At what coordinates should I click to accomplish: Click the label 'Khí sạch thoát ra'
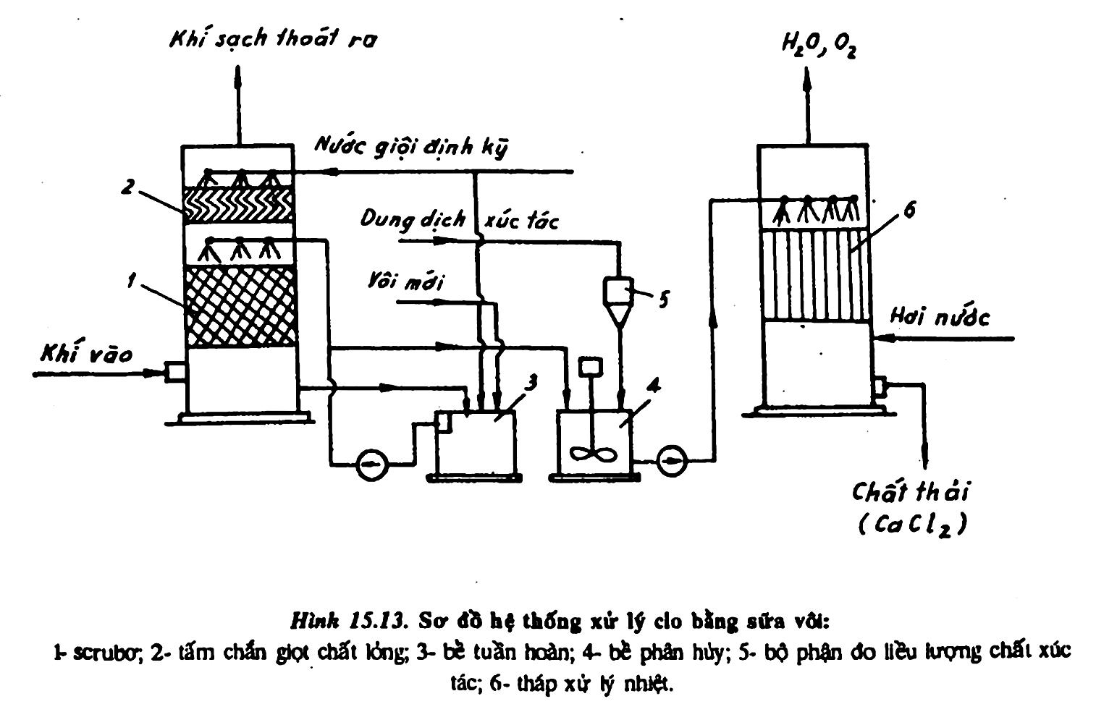coord(273,38)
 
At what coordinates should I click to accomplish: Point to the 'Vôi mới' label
coord(405,281)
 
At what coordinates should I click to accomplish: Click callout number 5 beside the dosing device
coord(662,300)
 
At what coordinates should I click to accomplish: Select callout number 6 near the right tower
coord(909,211)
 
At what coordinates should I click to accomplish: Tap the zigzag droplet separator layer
coord(239,205)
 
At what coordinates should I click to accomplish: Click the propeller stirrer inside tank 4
coord(594,453)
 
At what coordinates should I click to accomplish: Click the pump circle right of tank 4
coord(672,460)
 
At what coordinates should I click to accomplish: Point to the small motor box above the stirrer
coord(591,367)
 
